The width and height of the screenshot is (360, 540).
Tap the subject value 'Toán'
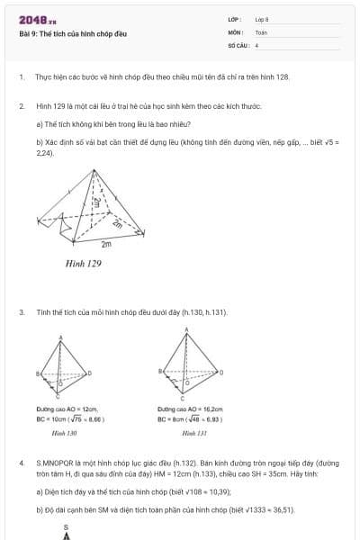261,31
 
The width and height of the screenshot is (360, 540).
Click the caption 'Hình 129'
84,265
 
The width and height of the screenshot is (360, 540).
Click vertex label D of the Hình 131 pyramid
221,371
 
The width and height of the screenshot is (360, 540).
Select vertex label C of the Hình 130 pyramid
57,396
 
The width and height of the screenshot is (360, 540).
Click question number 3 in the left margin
21,312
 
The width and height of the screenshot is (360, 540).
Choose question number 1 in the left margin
21,78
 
